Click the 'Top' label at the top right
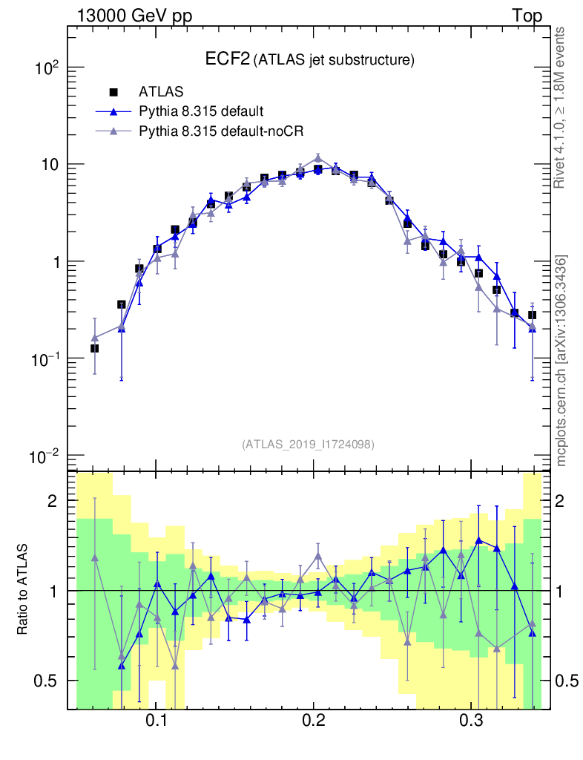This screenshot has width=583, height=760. [527, 16]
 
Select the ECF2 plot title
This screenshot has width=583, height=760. [309, 59]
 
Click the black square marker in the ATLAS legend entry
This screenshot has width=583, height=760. [113, 92]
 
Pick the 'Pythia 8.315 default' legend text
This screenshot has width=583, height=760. [201, 111]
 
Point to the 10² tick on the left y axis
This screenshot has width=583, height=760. [49, 68]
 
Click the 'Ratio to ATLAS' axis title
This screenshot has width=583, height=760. [23, 590]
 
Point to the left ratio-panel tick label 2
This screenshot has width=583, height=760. [53, 501]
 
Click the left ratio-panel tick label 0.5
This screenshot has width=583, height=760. [47, 681]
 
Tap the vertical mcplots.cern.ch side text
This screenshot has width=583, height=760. [561, 360]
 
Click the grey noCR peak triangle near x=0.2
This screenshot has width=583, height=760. [318, 157]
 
